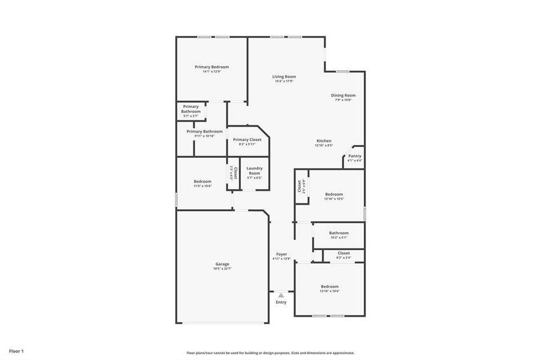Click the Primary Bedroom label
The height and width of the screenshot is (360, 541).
pyautogui.click(x=211, y=67)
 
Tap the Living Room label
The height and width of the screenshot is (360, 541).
pyautogui.click(x=284, y=77)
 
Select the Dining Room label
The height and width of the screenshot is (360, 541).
pyautogui.click(x=343, y=95)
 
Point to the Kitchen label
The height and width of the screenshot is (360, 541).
pyautogui.click(x=324, y=141)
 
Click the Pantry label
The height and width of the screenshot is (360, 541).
pyautogui.click(x=355, y=156)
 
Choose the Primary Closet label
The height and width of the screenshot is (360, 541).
pyautogui.click(x=247, y=140)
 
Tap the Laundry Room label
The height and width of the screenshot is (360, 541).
pyautogui.click(x=255, y=171)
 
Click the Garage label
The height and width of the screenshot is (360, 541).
pyautogui.click(x=222, y=264)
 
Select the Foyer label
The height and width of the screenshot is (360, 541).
pyautogui.click(x=281, y=254)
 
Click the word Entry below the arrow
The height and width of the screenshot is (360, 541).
pyautogui.click(x=281, y=302)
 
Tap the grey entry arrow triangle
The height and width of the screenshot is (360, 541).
pyautogui.click(x=281, y=295)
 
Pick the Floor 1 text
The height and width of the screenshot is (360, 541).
pyautogui.click(x=16, y=350)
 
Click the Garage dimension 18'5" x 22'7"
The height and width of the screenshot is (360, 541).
pyautogui.click(x=222, y=269)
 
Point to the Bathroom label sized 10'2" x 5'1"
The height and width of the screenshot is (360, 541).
pyautogui.click(x=339, y=233)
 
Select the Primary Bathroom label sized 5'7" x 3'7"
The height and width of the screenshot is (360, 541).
pyautogui.click(x=191, y=109)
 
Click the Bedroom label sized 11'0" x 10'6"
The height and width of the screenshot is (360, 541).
pyautogui.click(x=202, y=181)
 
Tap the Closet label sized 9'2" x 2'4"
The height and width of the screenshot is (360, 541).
pyautogui.click(x=343, y=253)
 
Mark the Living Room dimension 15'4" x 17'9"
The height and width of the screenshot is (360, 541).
pyautogui.click(x=284, y=82)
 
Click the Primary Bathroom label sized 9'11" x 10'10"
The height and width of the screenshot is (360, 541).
pyautogui.click(x=204, y=131)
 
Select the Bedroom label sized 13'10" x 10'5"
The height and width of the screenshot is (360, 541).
pyautogui.click(x=334, y=194)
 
